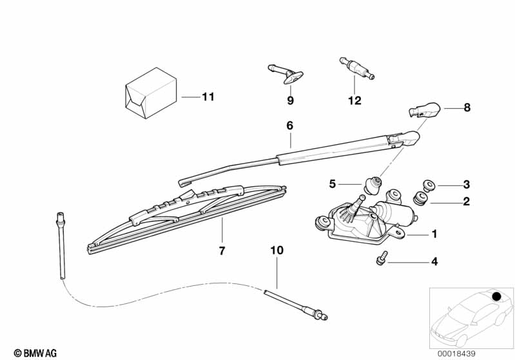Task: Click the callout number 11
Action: [x=208, y=97]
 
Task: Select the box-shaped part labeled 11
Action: [x=151, y=93]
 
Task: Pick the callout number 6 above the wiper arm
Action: [x=289, y=126]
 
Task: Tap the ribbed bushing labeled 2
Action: [x=420, y=198]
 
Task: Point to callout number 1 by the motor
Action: [x=434, y=234]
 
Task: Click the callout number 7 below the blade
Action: [x=222, y=251]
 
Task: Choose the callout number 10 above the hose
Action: [x=277, y=250]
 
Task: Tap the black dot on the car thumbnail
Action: [x=496, y=297]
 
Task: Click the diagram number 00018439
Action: [x=456, y=354]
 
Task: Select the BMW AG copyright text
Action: [x=35, y=353]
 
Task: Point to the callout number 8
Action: [x=467, y=108]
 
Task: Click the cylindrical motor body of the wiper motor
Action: [x=396, y=213]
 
